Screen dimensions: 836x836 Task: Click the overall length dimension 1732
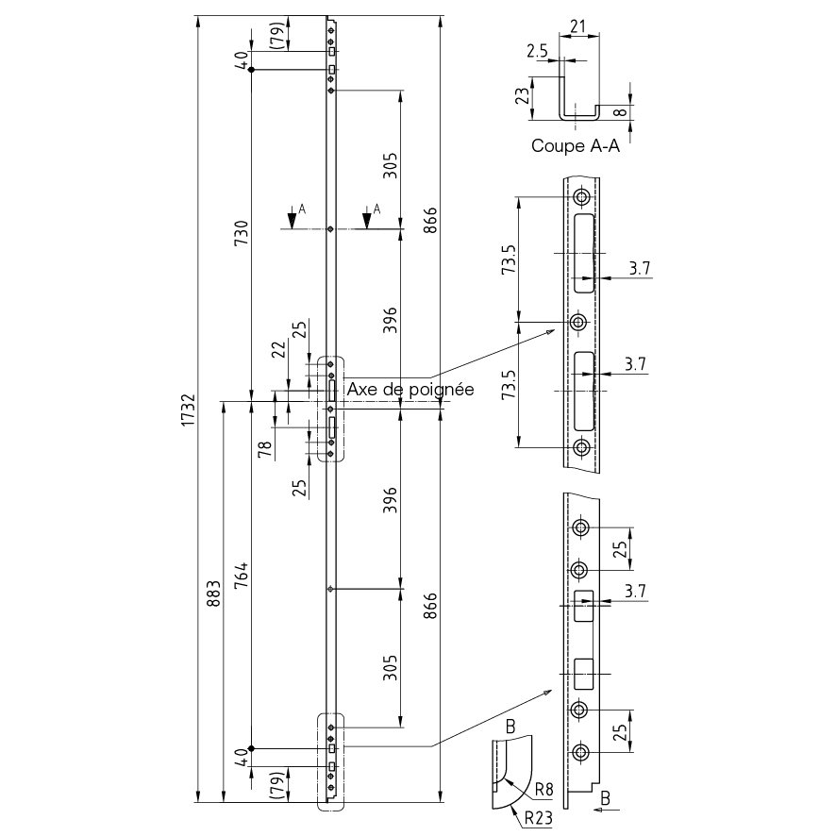tap(188, 410)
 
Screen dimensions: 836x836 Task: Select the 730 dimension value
tap(242, 232)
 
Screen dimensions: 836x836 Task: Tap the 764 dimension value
tap(242, 575)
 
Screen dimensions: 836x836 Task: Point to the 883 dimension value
tap(213, 594)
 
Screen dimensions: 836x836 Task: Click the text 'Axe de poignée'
tap(410, 389)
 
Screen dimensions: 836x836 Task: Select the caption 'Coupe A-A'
tap(576, 145)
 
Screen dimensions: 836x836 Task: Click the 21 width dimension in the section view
tap(578, 26)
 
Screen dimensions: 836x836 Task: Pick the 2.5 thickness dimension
tap(538, 51)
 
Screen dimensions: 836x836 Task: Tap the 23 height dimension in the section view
tap(523, 95)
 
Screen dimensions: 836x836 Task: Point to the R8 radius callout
tap(543, 789)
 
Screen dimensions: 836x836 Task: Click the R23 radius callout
tap(538, 817)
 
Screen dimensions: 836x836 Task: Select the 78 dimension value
tap(265, 449)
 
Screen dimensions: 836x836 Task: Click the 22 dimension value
tap(279, 349)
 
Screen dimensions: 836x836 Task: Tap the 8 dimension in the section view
tap(620, 112)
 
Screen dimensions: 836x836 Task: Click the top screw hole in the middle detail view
tap(581, 197)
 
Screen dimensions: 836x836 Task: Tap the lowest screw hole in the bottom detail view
tap(580, 753)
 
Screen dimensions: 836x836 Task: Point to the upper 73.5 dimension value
tap(510, 259)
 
